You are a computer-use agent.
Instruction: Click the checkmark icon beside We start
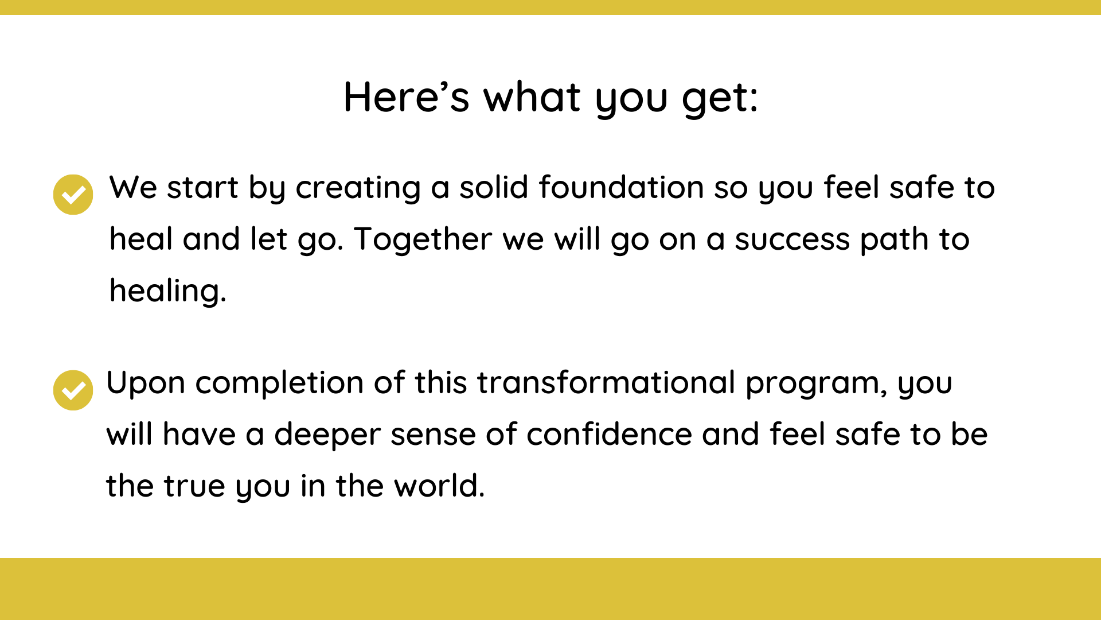pos(73,195)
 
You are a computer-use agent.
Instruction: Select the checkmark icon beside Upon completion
pos(73,390)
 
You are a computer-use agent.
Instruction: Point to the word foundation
pos(621,187)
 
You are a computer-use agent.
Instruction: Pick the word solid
pos(494,187)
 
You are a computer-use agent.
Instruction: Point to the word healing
pos(164,291)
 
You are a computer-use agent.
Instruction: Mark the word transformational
pos(606,383)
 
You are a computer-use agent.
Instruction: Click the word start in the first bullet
pos(202,188)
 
